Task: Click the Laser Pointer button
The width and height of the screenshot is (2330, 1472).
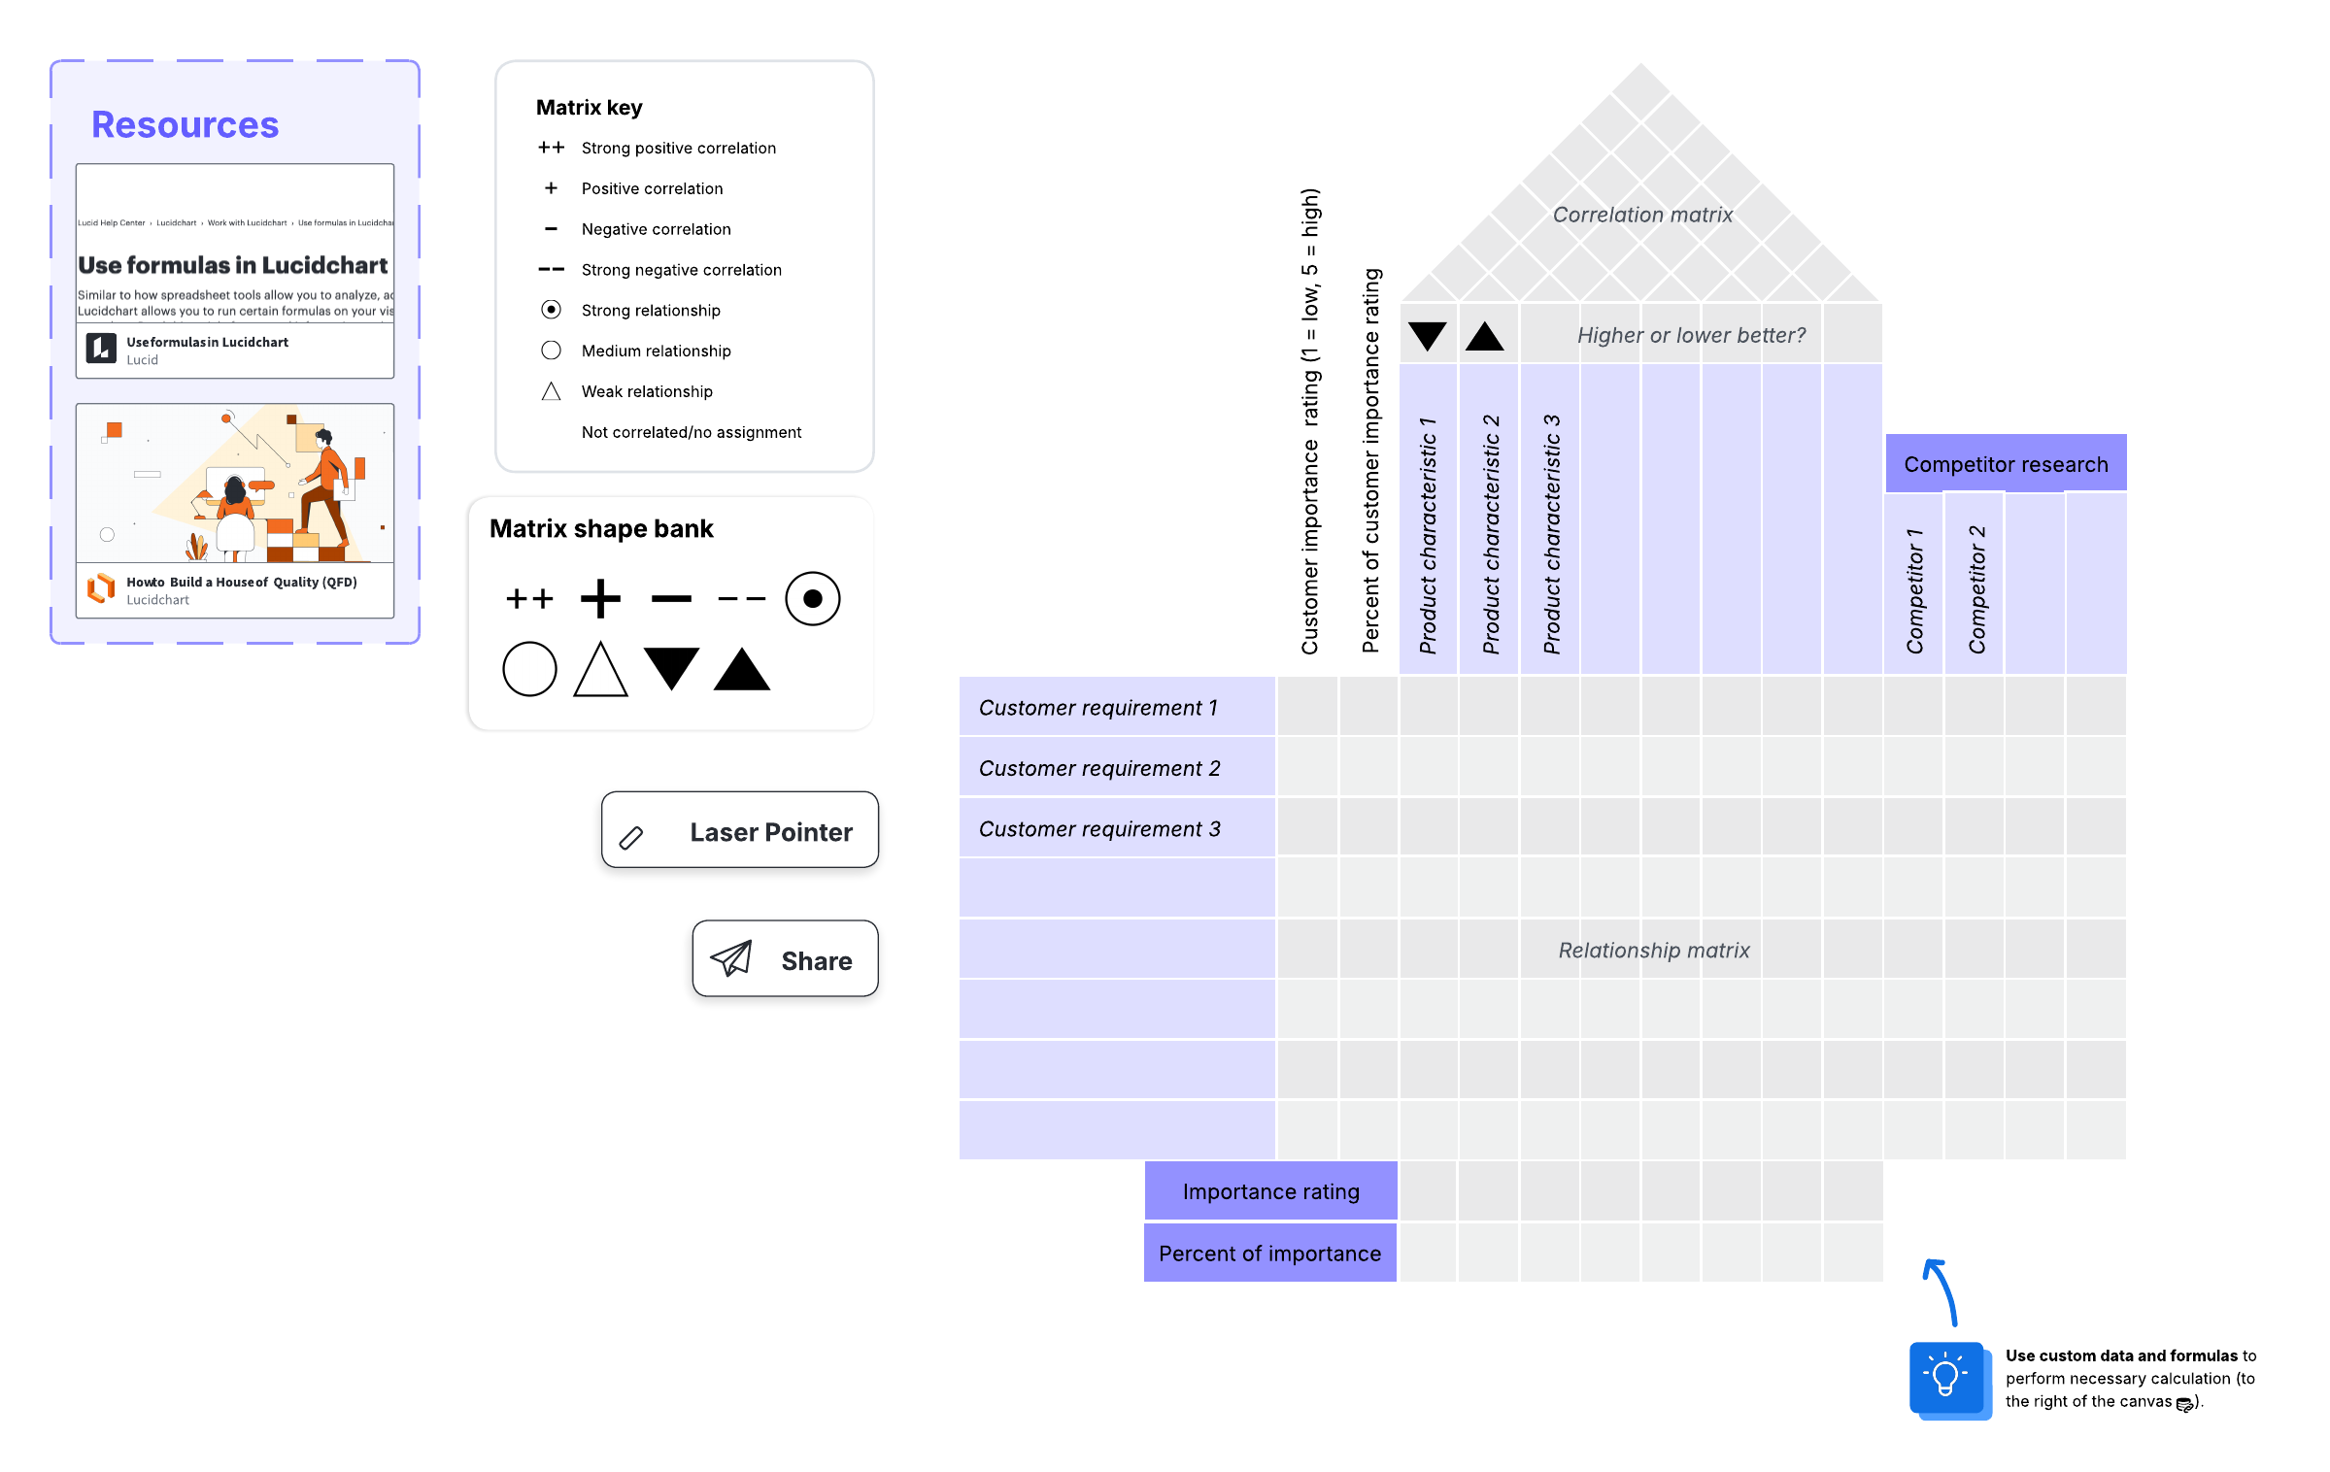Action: [x=740, y=830]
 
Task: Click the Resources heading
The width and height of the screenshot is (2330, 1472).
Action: [x=185, y=125]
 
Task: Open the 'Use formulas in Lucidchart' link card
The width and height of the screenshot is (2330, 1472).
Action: [x=235, y=271]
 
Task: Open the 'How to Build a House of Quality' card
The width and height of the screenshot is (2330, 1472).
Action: [x=235, y=511]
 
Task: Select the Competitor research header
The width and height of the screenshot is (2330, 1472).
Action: [x=2006, y=463]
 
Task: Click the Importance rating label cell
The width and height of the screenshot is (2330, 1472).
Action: [x=1270, y=1191]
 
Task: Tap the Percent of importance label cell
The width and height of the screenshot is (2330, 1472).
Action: [x=1270, y=1253]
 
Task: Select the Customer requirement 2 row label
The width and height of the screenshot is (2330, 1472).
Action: [x=1117, y=767]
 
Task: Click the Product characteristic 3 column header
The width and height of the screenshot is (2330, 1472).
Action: [x=1550, y=519]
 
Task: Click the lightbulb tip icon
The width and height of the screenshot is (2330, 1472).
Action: [x=1947, y=1379]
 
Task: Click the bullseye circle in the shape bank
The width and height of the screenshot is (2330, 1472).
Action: [x=813, y=598]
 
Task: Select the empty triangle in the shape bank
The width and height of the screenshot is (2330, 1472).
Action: [x=600, y=669]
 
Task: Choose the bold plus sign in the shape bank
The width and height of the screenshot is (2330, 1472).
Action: [x=600, y=598]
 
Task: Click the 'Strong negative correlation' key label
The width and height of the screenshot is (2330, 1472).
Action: [x=681, y=270]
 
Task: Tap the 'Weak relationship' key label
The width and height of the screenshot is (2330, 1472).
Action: [x=647, y=391]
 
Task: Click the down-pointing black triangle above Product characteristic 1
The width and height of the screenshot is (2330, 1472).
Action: [x=1428, y=336]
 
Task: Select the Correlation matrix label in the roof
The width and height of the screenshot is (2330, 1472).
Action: [x=1642, y=215]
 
